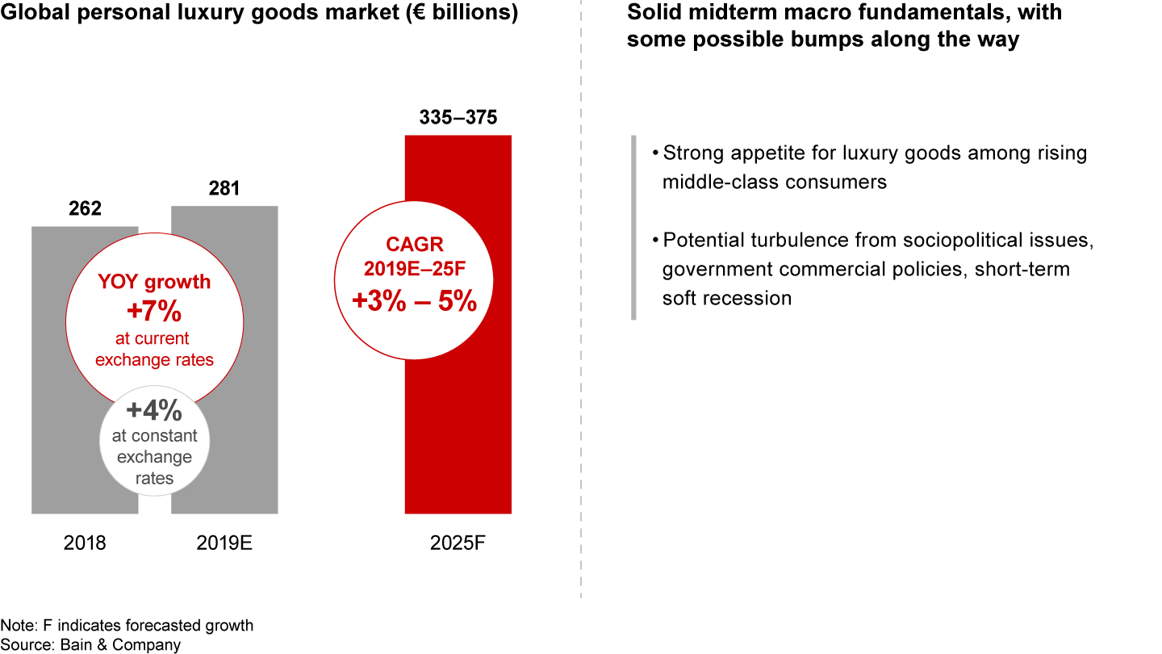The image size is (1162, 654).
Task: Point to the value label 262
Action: point(85,209)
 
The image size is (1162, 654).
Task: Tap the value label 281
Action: point(224,189)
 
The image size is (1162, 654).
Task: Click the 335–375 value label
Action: point(458,118)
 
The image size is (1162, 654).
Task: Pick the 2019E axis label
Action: point(224,543)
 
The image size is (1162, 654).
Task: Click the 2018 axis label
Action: point(85,543)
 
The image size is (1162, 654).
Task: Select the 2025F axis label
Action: point(458,543)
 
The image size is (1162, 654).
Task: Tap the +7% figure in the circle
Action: point(154,311)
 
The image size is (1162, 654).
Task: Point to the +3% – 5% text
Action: point(414,300)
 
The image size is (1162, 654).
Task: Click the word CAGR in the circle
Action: point(414,245)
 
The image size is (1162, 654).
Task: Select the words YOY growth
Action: point(154,282)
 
